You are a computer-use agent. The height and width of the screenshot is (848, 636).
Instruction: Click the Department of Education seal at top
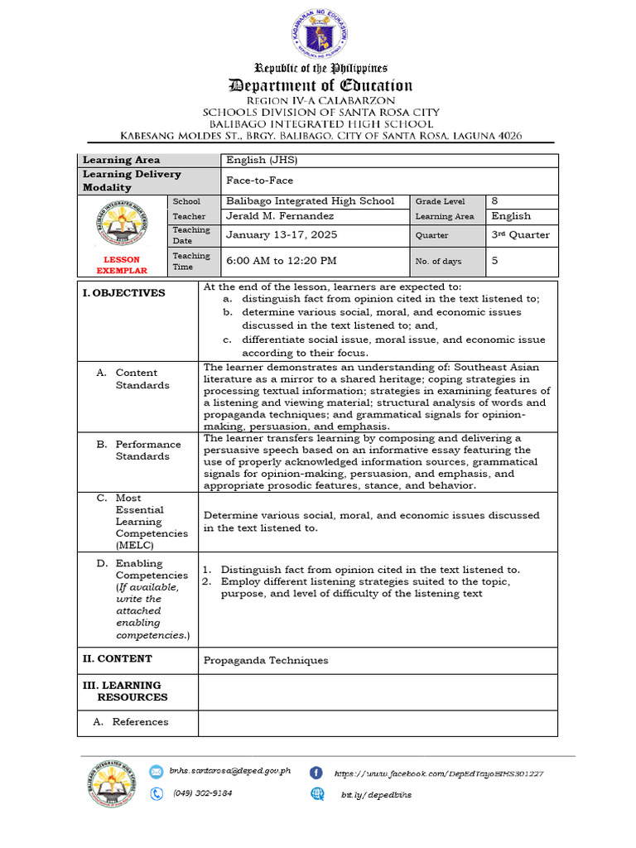click(x=320, y=36)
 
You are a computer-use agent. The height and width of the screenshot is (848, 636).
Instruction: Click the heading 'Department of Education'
click(x=320, y=85)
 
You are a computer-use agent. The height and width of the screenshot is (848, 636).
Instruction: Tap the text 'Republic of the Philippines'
click(x=320, y=68)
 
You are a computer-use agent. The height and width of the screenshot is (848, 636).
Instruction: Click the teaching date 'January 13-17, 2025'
click(x=282, y=235)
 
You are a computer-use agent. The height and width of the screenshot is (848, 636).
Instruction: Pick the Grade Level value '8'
click(x=495, y=201)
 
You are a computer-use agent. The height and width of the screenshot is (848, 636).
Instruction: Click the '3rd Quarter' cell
click(x=520, y=235)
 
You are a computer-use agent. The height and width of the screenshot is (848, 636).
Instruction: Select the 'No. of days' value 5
click(x=495, y=261)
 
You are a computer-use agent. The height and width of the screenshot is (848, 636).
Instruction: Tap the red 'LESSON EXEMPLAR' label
click(x=122, y=265)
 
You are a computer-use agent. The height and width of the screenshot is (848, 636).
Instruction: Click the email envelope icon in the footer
click(x=157, y=772)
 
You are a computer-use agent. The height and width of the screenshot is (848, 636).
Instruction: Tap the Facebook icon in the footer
click(x=316, y=773)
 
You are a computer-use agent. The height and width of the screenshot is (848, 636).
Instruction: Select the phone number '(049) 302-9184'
click(x=203, y=793)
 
